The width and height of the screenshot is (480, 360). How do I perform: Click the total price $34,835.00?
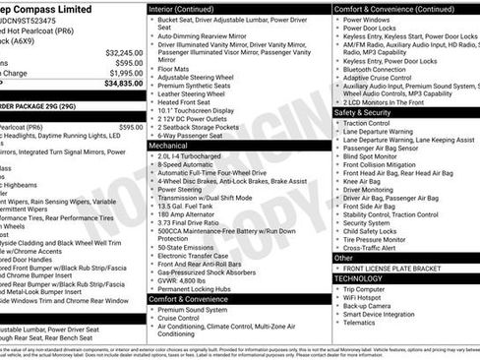pyautogui.click(x=124, y=85)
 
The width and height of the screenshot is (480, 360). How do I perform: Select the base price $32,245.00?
pyautogui.click(x=124, y=52)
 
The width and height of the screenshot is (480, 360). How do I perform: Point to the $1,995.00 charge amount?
pyautogui.click(x=124, y=73)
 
